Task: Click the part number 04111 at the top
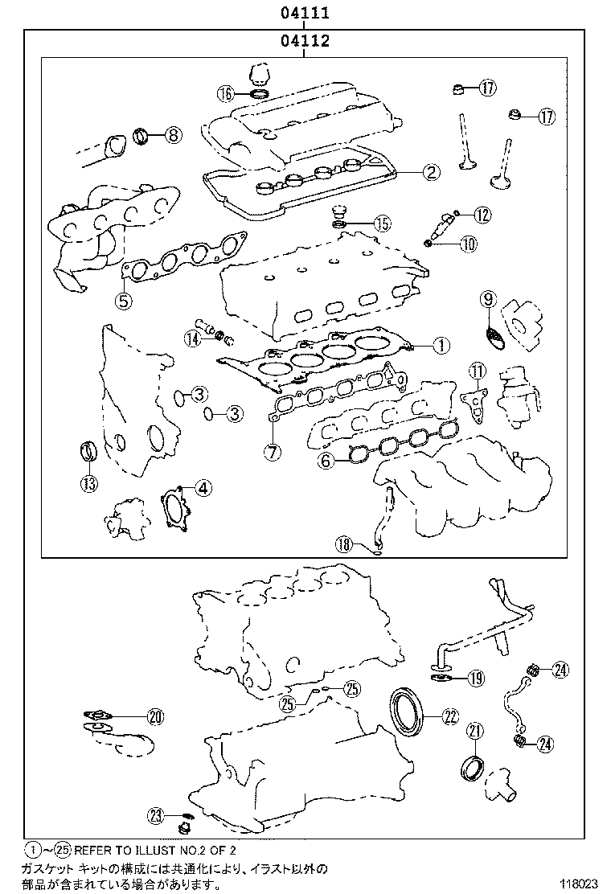tap(305, 14)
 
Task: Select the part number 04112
tap(305, 42)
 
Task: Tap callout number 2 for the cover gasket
tap(431, 171)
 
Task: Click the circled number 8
tap(173, 135)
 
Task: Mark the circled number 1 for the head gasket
tap(440, 346)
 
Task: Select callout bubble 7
tap(273, 452)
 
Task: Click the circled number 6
tap(326, 461)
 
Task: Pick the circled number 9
tap(488, 299)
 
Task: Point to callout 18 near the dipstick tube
tap(344, 544)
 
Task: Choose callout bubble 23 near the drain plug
tap(156, 815)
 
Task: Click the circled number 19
tap(476, 679)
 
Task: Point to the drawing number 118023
tap(579, 883)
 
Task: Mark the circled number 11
tap(478, 371)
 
